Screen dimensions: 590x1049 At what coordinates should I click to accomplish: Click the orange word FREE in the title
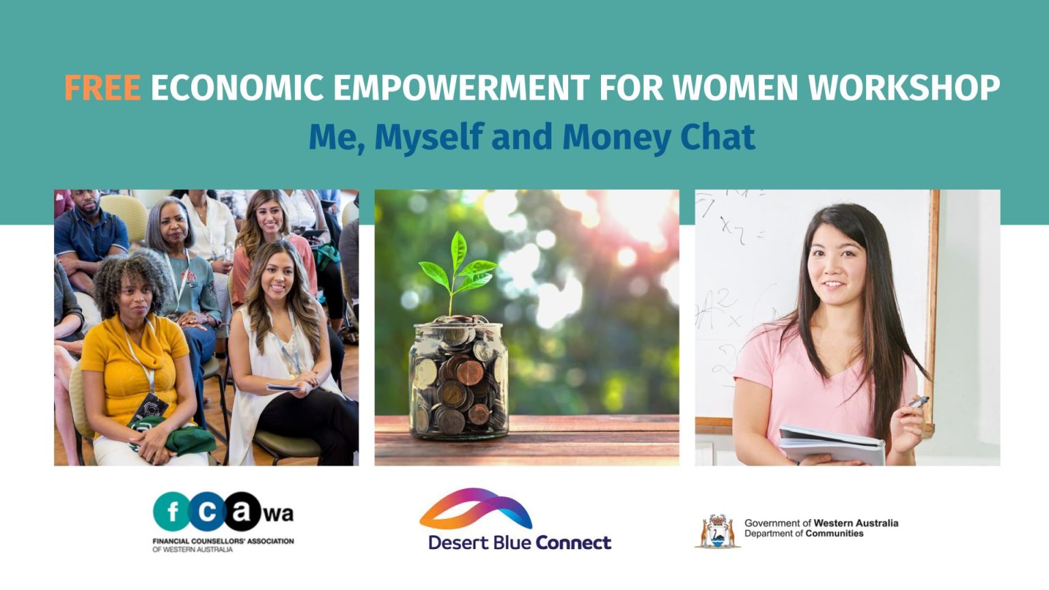point(102,88)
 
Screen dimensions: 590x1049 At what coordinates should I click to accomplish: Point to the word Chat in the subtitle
point(718,137)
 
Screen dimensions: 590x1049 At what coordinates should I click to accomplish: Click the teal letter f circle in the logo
point(172,511)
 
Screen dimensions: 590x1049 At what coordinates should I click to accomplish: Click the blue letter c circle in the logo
point(207,511)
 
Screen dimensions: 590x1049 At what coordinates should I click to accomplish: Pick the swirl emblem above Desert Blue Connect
point(476,509)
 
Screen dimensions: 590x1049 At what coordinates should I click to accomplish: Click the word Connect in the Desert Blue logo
point(574,543)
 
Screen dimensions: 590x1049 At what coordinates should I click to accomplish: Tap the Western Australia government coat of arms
point(717,532)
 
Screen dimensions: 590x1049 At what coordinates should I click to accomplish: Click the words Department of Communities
point(804,534)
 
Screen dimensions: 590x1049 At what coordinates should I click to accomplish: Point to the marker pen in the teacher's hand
point(918,402)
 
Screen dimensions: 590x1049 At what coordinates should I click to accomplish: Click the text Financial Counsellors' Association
point(223,541)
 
